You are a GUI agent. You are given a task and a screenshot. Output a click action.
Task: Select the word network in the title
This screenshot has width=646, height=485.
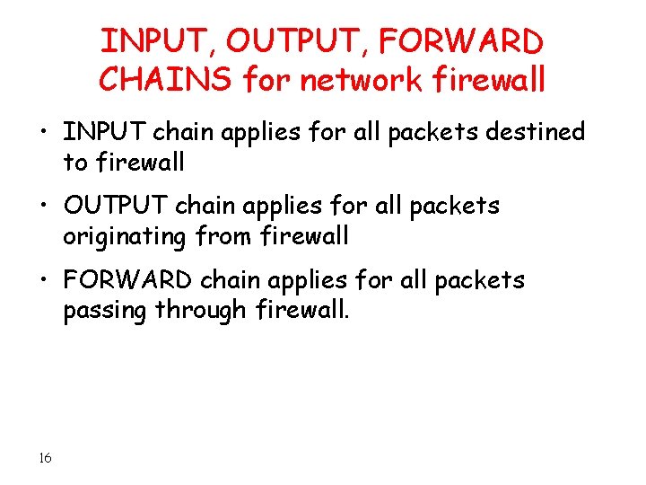point(362,81)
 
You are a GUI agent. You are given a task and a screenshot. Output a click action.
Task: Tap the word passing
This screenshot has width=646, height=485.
point(105,311)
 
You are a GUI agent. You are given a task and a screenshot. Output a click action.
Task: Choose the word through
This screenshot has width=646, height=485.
point(201,311)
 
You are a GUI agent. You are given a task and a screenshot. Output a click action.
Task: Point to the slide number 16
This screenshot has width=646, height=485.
point(45,459)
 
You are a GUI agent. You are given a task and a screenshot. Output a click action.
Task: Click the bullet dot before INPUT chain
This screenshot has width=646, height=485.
point(45,134)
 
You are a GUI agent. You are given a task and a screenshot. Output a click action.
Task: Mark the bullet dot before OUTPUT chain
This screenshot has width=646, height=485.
point(45,207)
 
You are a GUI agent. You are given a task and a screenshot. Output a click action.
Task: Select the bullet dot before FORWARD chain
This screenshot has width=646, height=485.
point(45,281)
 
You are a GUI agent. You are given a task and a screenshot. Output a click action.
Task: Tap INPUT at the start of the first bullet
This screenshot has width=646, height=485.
point(104,133)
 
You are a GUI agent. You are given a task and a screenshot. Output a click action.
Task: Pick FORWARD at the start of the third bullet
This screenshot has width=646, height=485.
point(127,280)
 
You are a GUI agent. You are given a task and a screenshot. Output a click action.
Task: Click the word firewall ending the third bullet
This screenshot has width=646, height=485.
point(300,311)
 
